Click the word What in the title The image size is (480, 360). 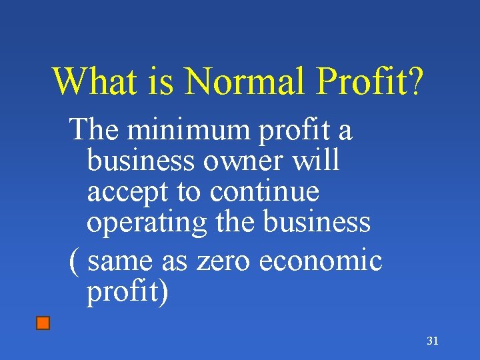point(91,81)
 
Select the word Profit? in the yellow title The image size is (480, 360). point(371,82)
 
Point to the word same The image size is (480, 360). point(121,261)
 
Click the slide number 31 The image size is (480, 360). point(433,341)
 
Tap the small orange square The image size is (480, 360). point(43,324)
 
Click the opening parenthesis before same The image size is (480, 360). point(74,261)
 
